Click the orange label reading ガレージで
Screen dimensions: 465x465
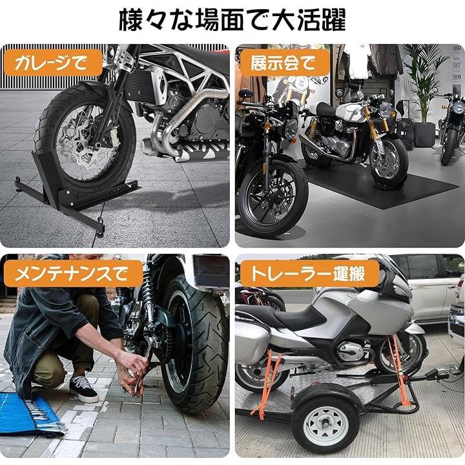[52, 63]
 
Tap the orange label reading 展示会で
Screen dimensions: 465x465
[284, 63]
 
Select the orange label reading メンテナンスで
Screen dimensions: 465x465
[73, 273]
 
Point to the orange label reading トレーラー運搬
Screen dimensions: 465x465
[309, 273]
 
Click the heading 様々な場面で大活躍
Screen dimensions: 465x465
[232, 20]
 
